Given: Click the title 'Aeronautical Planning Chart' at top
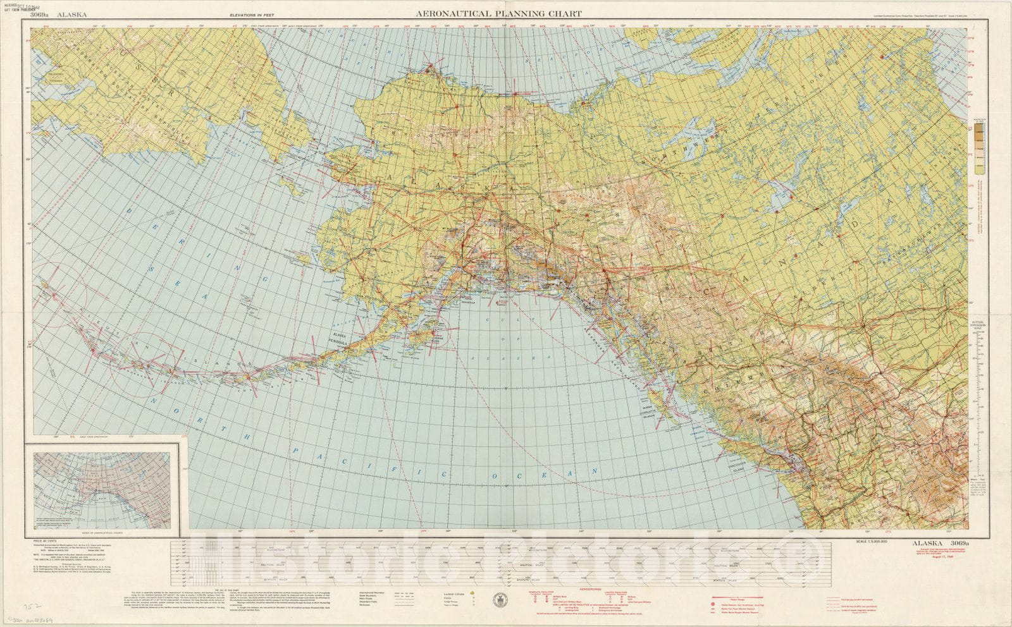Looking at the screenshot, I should [x=498, y=13].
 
